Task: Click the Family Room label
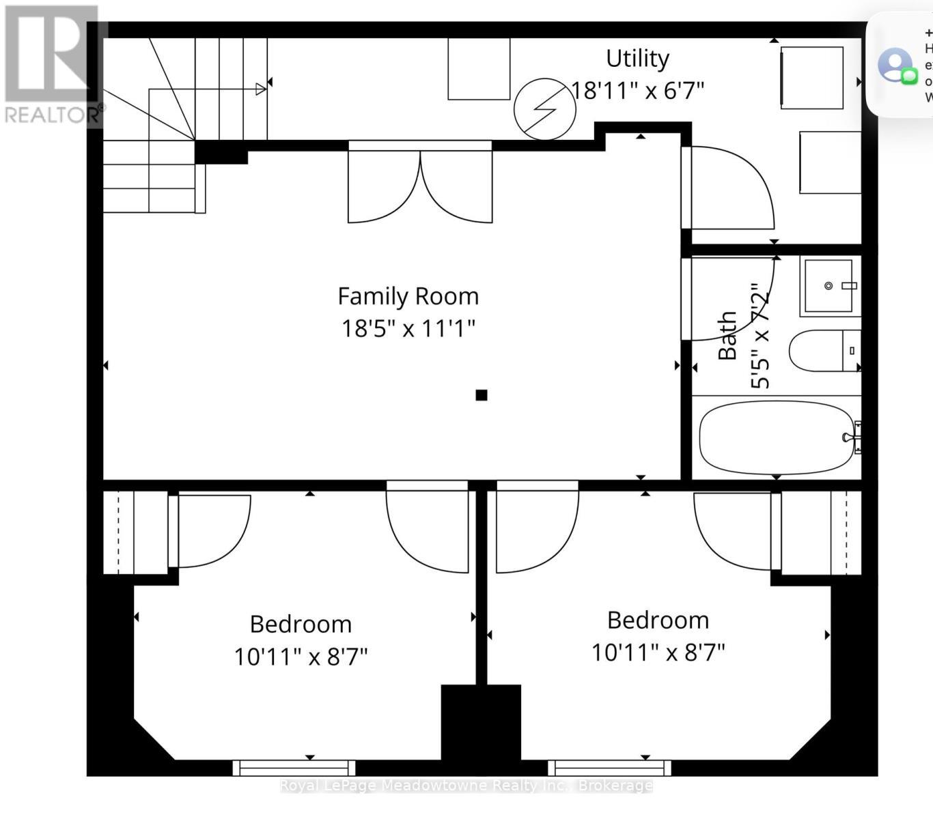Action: click(x=408, y=296)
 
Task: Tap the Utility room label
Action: click(x=637, y=59)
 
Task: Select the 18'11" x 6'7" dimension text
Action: click(x=637, y=90)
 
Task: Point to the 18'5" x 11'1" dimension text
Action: click(x=408, y=328)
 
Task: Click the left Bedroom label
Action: click(x=301, y=624)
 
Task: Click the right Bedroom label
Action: click(x=658, y=620)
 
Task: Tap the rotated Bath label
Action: click(x=727, y=336)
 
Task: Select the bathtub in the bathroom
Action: click(x=776, y=437)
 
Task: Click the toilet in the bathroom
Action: click(x=823, y=351)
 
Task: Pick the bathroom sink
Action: click(x=828, y=286)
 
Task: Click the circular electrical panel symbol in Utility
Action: click(x=544, y=109)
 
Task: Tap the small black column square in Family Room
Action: click(x=482, y=394)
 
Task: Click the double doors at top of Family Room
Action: click(x=420, y=183)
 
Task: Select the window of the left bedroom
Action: click(x=294, y=768)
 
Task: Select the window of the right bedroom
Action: click(x=609, y=768)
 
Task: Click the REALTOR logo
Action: click(x=53, y=66)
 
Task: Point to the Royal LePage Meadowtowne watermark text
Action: click(x=466, y=786)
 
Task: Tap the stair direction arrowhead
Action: click(x=260, y=89)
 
